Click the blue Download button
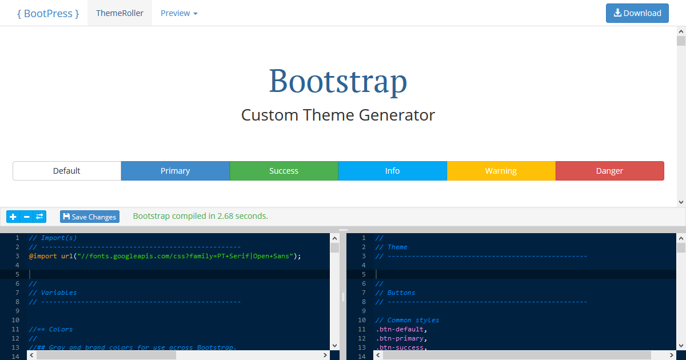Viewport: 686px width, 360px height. tap(637, 13)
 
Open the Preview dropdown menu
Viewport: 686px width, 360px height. tap(179, 13)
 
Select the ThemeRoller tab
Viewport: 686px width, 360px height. tap(119, 13)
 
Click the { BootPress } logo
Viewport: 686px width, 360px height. tap(48, 13)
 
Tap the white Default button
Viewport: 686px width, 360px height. tap(67, 171)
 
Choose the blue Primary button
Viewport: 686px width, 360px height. tap(175, 171)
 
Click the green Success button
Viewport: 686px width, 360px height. tap(284, 171)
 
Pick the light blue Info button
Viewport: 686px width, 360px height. tap(392, 171)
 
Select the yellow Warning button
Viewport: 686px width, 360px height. tap(501, 171)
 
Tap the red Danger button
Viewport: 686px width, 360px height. tap(609, 171)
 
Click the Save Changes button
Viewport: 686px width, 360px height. tap(90, 217)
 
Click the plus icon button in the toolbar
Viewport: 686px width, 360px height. tap(13, 217)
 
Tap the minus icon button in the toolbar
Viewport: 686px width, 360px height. tap(26, 217)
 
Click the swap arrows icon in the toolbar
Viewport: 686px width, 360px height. tap(39, 217)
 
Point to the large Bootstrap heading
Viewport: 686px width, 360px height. tap(338, 81)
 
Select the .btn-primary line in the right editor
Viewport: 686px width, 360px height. tap(401, 338)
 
